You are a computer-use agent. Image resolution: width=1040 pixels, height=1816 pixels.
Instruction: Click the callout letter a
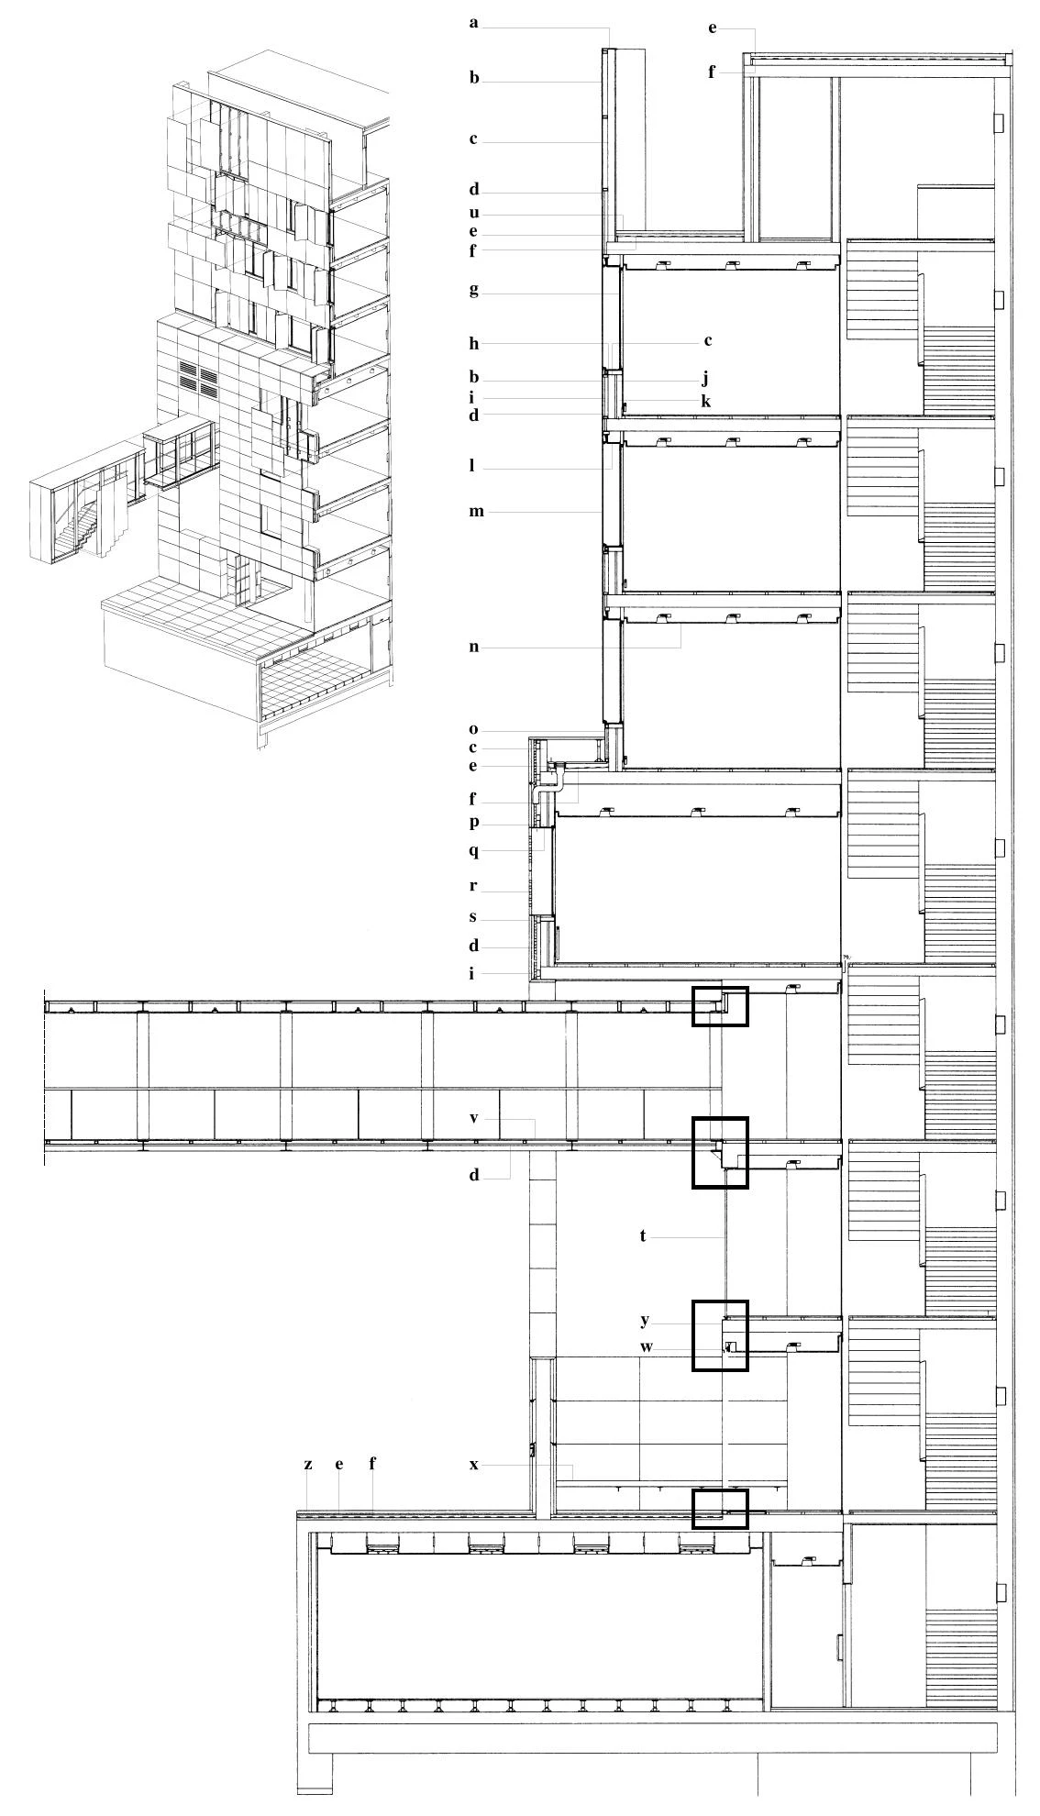(474, 23)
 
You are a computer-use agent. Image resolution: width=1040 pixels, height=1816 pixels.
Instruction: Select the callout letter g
(474, 291)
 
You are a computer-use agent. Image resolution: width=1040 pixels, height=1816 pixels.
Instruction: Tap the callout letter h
(474, 344)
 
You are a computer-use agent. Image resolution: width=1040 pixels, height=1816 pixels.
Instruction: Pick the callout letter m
(476, 512)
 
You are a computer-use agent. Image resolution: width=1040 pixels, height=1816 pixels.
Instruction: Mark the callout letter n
(474, 647)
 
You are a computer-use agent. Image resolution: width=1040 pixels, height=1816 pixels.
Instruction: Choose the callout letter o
(473, 730)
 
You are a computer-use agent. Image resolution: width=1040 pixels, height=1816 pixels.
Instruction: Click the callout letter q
(474, 851)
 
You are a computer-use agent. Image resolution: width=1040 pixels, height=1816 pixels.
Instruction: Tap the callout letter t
(643, 1236)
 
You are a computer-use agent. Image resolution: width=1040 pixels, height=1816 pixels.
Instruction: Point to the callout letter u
(474, 214)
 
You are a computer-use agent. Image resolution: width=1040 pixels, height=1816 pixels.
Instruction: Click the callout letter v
(474, 1119)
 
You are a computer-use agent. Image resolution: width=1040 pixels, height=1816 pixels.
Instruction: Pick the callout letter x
(474, 1465)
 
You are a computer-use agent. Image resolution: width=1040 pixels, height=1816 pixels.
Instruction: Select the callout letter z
(308, 1465)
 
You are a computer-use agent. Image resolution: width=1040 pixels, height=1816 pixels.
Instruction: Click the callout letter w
(647, 1347)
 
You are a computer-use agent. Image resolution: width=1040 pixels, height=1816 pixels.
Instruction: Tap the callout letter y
(646, 1321)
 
